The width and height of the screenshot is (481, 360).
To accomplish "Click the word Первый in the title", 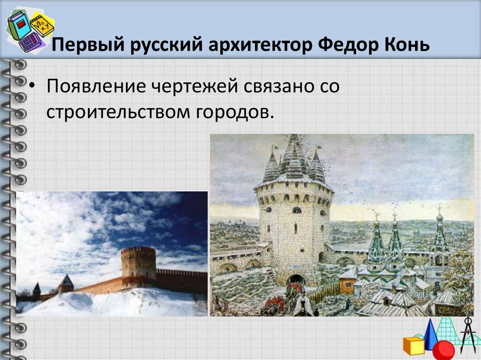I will point(80,46).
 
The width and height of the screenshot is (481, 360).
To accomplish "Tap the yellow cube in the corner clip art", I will point(413,345).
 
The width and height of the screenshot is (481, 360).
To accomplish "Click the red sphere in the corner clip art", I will point(443,350).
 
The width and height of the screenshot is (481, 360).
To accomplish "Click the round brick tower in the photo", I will point(138,263).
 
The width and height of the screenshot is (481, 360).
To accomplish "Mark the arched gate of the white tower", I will point(295,280).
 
